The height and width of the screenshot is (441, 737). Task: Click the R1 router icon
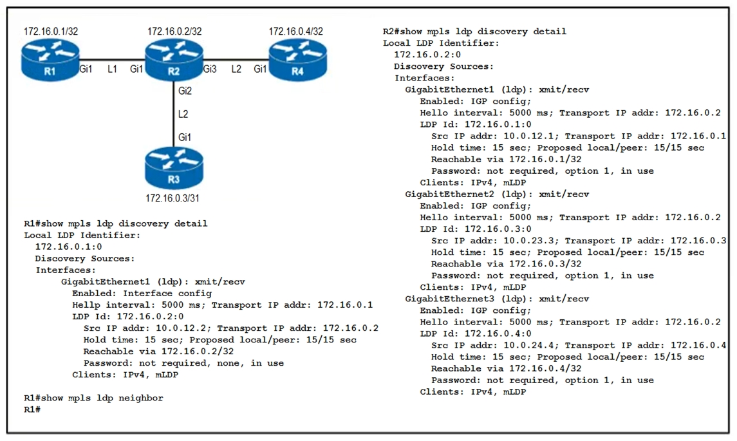50,60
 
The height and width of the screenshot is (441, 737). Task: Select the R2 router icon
174,60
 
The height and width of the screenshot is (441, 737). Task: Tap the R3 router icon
174,168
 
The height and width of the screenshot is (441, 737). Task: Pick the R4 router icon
297,60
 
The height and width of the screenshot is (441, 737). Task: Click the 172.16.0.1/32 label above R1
51,32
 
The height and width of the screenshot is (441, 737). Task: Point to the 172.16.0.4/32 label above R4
295,32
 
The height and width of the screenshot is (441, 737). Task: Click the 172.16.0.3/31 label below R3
173,198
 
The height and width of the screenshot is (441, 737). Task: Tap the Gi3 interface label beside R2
210,69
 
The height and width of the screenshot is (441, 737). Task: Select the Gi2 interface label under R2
185,91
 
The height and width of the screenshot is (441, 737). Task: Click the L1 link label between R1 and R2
112,69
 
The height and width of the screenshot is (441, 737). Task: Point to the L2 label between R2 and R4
236,69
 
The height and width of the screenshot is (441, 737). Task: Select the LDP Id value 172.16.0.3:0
498,229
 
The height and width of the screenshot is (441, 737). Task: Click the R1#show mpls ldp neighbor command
93,399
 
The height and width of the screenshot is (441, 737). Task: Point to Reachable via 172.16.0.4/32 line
506,369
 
